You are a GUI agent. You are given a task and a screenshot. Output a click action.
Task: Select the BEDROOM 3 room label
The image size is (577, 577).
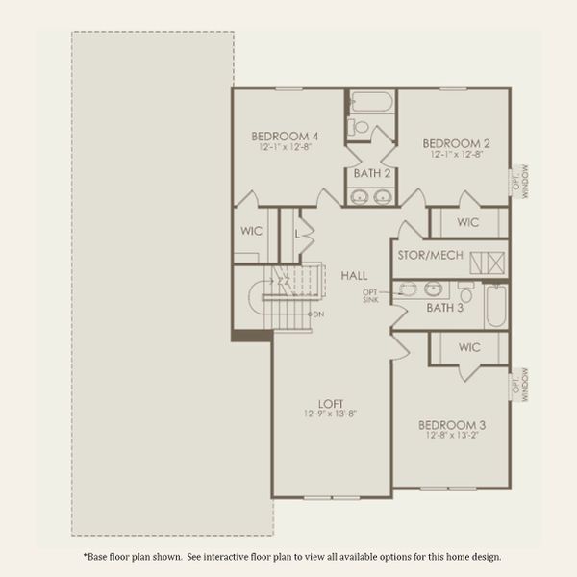pos(450,423)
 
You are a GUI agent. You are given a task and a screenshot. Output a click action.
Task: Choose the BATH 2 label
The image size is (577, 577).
pos(371,174)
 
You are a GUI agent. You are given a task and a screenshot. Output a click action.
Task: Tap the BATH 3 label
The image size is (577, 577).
pos(445,308)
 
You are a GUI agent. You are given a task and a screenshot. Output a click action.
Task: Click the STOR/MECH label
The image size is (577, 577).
pos(431,255)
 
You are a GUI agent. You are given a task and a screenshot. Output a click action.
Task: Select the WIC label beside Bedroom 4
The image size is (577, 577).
pos(252,231)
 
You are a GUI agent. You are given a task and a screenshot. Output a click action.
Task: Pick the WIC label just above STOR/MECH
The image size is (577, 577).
pos(468,222)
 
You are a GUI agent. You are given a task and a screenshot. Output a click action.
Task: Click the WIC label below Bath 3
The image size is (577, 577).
pos(470,346)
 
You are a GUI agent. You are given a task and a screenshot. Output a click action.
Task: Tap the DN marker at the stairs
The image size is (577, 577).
pos(317,314)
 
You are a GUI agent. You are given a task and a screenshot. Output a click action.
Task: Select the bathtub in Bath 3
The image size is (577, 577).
pos(495,307)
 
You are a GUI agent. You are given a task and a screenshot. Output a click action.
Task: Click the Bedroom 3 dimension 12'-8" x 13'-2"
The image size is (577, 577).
pos(450,435)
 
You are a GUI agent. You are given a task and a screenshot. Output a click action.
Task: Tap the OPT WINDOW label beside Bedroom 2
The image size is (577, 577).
pos(520,180)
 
